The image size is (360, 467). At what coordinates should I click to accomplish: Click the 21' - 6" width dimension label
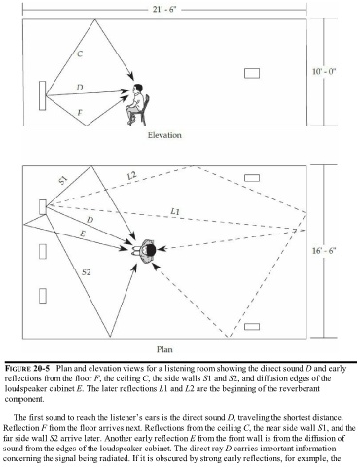(x=164, y=9)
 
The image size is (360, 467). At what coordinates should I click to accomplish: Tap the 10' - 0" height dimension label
(x=324, y=71)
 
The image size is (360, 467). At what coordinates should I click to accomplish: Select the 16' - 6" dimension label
(x=324, y=250)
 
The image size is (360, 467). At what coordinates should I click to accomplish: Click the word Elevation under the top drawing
(x=164, y=135)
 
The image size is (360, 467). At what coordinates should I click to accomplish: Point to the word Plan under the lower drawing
(x=164, y=349)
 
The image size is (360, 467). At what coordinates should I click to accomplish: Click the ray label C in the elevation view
(x=80, y=54)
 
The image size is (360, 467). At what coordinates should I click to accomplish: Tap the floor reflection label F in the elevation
(x=80, y=113)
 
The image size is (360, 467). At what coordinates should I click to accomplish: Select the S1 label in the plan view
(x=63, y=180)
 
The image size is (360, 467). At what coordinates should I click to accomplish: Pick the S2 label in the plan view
(x=86, y=272)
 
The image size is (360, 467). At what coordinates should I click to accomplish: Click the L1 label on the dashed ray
(x=175, y=211)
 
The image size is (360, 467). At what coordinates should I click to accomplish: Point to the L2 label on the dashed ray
(x=132, y=176)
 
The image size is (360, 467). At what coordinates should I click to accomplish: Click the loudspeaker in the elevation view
(x=42, y=95)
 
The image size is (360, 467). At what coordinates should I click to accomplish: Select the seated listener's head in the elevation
(x=138, y=89)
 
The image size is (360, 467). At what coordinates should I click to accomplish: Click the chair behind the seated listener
(x=144, y=110)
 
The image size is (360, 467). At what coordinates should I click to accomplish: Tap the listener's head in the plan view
(x=151, y=250)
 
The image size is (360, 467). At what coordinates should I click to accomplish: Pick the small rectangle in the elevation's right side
(x=252, y=73)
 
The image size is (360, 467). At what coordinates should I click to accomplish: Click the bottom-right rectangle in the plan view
(x=252, y=326)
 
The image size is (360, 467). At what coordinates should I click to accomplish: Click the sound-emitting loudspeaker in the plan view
(x=43, y=207)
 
